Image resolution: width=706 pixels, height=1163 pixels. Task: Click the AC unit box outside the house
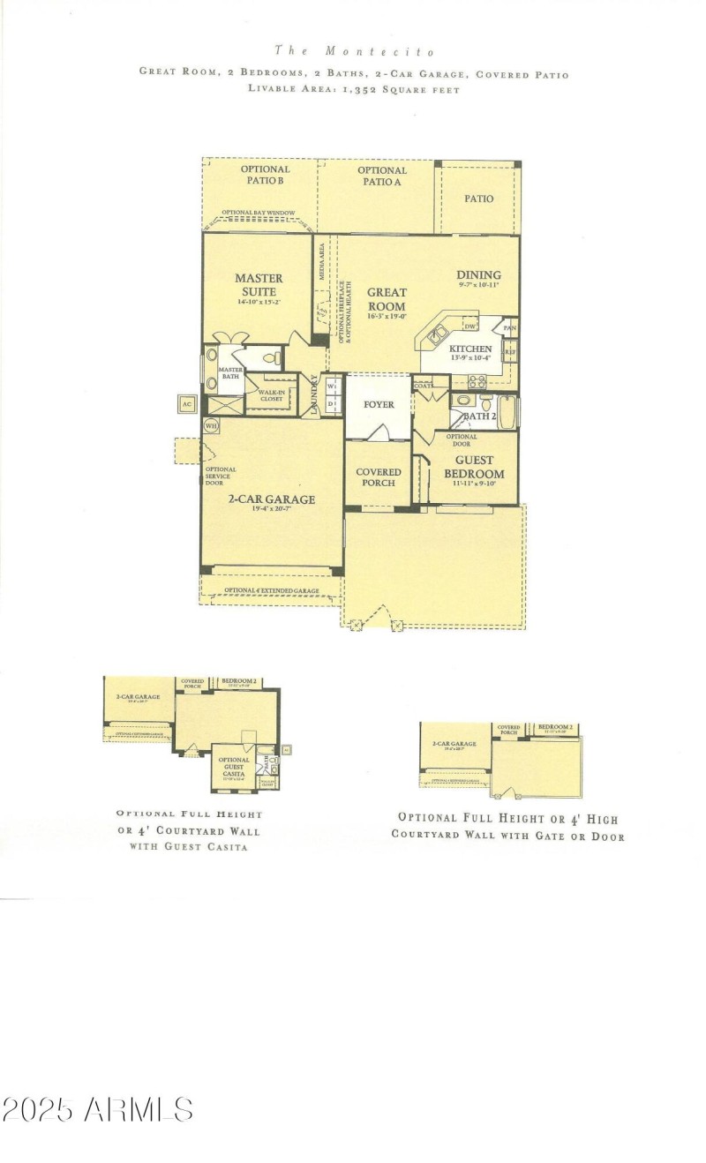[x=186, y=404]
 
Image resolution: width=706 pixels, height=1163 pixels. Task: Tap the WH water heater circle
[x=211, y=426]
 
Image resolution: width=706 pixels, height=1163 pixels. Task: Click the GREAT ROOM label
[x=387, y=299]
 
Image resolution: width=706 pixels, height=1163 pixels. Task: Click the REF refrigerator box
[x=510, y=352]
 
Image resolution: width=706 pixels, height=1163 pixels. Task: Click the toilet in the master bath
[x=275, y=359]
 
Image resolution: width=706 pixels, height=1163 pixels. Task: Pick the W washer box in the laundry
[x=332, y=386]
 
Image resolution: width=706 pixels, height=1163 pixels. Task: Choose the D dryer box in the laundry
[x=332, y=404]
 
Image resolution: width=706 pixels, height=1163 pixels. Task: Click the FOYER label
[x=378, y=405]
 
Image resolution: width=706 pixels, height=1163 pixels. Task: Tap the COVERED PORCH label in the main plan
[x=378, y=477]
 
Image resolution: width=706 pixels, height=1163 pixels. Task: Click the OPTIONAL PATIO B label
[x=264, y=175]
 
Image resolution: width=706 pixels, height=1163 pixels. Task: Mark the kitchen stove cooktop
[x=477, y=381]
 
